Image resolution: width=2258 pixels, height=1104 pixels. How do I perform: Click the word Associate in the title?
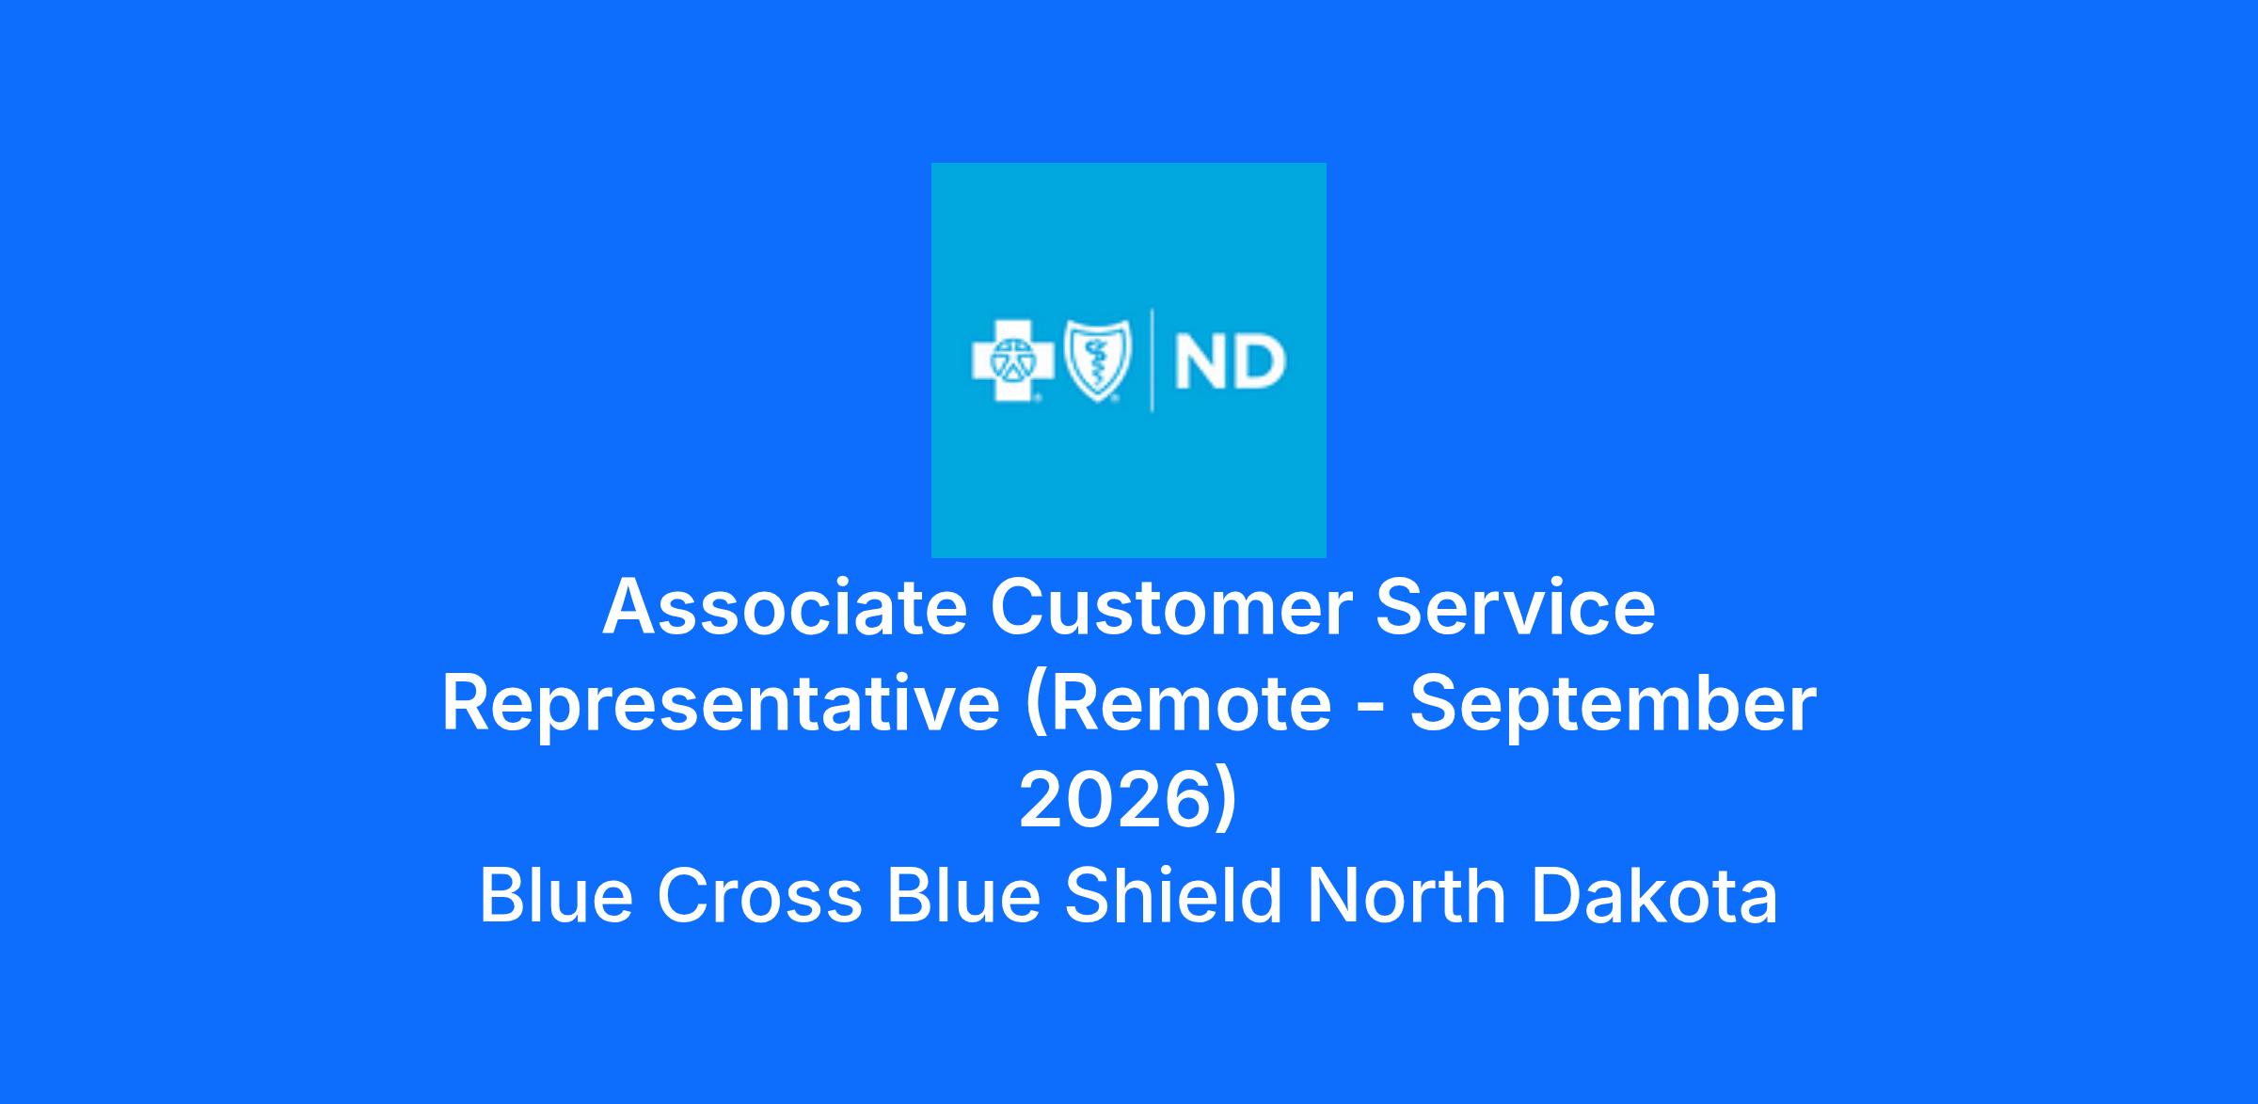[x=786, y=608]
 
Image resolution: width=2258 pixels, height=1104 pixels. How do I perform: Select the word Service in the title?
[x=1515, y=608]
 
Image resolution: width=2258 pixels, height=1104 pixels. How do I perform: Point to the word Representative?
[x=722, y=705]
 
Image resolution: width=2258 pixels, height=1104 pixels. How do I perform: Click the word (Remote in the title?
[x=1178, y=705]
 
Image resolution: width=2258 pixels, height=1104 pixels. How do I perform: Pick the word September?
[x=1614, y=705]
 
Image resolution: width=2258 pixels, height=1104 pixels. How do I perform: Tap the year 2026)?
[x=1128, y=801]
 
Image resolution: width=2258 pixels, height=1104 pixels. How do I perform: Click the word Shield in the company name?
[x=1174, y=896]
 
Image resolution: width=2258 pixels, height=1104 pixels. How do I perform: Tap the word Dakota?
[x=1654, y=896]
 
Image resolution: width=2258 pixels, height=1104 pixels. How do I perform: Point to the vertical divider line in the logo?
[x=1153, y=360]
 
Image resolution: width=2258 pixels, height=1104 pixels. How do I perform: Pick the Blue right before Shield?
[x=963, y=896]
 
